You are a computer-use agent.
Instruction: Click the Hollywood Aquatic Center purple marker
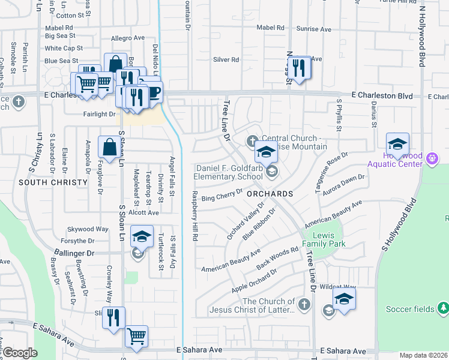point(432,159)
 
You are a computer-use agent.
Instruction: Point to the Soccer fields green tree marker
point(443,308)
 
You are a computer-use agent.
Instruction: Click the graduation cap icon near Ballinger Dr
point(142,237)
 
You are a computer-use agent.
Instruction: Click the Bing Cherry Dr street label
point(221,195)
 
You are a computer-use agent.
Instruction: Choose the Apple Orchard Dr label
point(254,281)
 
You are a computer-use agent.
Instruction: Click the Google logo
point(19,353)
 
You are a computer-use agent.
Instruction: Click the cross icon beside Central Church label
point(252,141)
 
